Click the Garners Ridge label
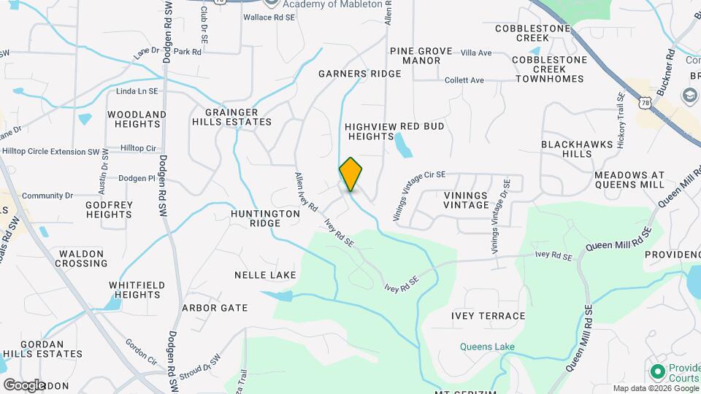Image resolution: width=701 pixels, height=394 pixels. pyautogui.click(x=359, y=74)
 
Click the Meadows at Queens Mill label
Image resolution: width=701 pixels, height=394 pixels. pyautogui.click(x=629, y=180)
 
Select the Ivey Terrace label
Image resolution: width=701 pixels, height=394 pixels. pyautogui.click(x=488, y=316)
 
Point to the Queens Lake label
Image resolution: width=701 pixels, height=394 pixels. pyautogui.click(x=487, y=347)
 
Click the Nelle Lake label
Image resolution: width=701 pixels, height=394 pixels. pyautogui.click(x=265, y=275)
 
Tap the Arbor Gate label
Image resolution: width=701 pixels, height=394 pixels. pyautogui.click(x=215, y=308)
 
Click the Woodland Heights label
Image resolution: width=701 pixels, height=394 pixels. pyautogui.click(x=137, y=120)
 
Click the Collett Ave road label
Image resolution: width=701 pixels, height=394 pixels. pyautogui.click(x=464, y=80)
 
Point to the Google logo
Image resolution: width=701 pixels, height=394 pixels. pyautogui.click(x=24, y=385)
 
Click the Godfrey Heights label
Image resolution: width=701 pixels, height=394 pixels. pyautogui.click(x=109, y=210)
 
